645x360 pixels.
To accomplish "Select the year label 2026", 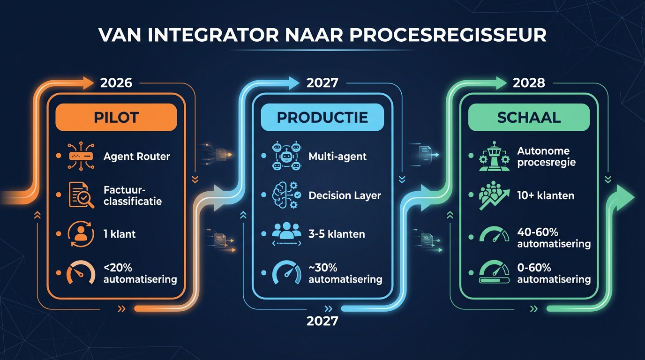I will [x=116, y=83].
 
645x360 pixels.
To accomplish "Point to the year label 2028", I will [x=529, y=83].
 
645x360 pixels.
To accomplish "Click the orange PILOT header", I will [x=116, y=117].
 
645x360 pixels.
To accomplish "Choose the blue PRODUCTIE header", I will [x=322, y=117].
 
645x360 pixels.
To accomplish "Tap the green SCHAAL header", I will [x=529, y=117].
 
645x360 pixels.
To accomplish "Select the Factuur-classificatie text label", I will [x=132, y=195].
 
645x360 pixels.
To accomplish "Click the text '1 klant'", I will [x=120, y=233].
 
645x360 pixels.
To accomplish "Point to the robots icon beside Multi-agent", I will [x=285, y=156].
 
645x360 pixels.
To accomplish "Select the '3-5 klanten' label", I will [x=337, y=233].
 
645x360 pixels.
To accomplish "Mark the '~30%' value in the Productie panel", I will [x=323, y=268].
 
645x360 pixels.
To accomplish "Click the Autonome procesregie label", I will [x=546, y=157].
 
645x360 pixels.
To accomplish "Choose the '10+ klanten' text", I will [x=546, y=195].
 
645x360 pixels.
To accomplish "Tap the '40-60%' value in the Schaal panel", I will [x=534, y=232].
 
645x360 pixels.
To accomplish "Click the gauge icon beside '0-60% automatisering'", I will [x=494, y=273].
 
